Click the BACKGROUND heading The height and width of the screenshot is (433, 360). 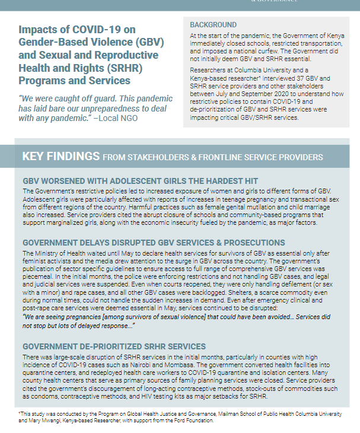click(x=213, y=25)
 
